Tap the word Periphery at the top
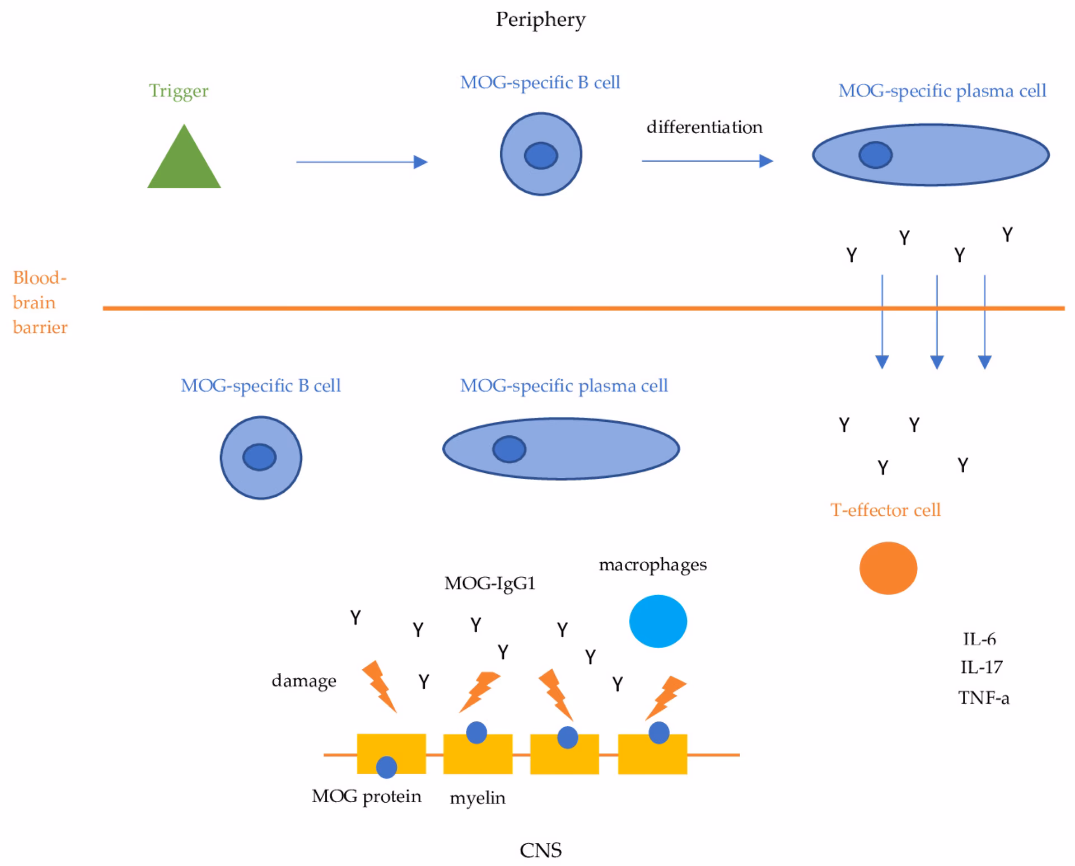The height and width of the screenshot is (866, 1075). tap(541, 20)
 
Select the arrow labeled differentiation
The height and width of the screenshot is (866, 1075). tap(708, 161)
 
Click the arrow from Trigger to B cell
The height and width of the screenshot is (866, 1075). tap(362, 162)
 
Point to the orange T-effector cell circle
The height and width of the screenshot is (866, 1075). tap(888, 568)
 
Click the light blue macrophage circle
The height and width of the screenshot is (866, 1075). tap(658, 621)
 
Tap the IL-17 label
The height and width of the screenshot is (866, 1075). tap(981, 667)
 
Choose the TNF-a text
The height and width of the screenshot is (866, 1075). tap(984, 698)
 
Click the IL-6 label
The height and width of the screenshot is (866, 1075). tap(979, 639)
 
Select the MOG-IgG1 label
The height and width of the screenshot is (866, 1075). tap(490, 584)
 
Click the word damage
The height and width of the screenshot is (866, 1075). tap(304, 680)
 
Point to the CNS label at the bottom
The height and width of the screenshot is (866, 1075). tap(541, 850)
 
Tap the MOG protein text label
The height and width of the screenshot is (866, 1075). tap(367, 796)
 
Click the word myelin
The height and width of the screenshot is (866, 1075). tap(478, 798)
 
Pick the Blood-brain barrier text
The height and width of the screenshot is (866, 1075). tap(40, 302)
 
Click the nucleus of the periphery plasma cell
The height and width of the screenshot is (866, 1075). tap(876, 155)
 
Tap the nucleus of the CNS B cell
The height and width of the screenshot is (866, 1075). tap(259, 457)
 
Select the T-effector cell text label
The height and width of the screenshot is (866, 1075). tap(885, 510)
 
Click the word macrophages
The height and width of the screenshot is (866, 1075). tap(653, 565)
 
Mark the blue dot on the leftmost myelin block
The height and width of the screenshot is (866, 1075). tap(386, 767)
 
